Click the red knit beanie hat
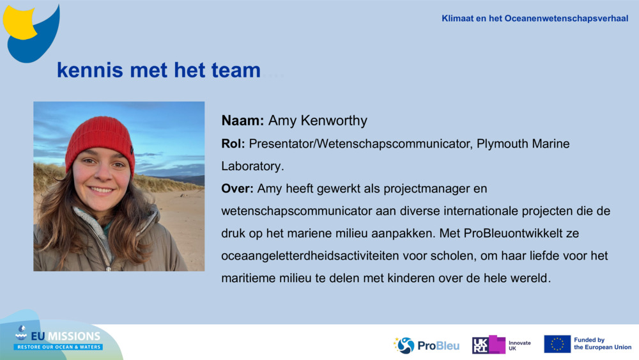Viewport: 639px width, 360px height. point(100,137)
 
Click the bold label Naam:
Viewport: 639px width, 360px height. point(243,121)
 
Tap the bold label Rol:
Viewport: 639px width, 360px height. point(233,144)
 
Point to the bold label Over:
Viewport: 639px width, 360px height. point(236,189)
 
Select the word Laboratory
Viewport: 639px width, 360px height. point(250,166)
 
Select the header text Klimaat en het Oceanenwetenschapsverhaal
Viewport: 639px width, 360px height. point(535,19)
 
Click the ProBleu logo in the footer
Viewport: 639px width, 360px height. point(426,345)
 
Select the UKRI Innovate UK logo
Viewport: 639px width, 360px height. point(501,345)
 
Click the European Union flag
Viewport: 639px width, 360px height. point(557,344)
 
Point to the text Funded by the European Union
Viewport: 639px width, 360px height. point(602,344)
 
